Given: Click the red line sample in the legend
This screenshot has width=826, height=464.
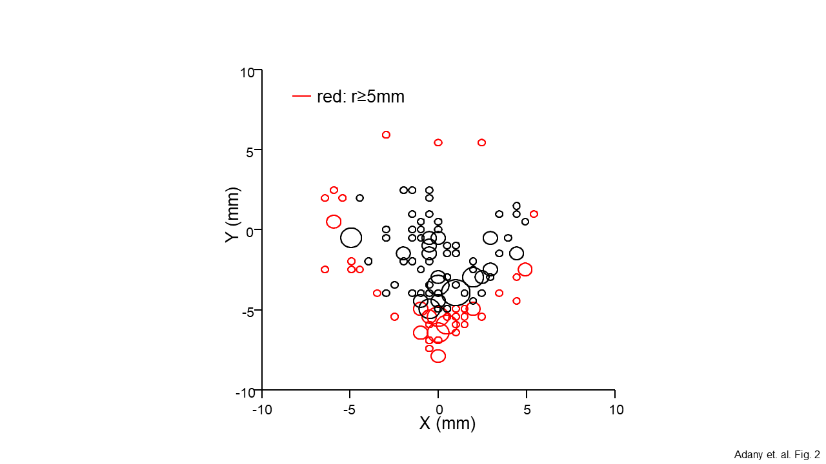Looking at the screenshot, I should tap(302, 97).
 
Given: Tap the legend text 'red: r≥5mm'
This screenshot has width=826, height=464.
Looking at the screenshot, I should tap(361, 97).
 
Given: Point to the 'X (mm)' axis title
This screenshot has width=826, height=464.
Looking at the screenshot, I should tap(447, 423).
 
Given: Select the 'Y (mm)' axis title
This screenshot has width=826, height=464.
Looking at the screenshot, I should tap(232, 215).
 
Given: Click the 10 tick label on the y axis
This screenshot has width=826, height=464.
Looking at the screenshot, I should tap(247, 72).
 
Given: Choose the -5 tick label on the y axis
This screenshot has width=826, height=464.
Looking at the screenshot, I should tap(247, 311).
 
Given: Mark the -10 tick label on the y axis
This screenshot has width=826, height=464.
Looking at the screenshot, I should tap(245, 393).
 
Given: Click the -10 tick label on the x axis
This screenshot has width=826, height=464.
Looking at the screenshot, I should tap(262, 410).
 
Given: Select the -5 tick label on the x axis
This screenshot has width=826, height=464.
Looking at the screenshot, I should tap(350, 410).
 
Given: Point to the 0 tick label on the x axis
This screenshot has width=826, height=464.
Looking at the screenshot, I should tap(439, 410).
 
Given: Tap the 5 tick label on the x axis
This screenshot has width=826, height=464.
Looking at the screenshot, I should tap(527, 410).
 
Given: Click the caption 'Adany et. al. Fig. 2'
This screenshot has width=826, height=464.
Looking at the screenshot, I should tap(776, 455).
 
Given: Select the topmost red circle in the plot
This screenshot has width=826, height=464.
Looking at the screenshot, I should tap(386, 135).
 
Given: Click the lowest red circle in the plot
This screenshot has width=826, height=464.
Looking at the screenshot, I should tap(438, 356).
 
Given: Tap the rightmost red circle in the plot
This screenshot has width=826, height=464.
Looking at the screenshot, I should tap(534, 214).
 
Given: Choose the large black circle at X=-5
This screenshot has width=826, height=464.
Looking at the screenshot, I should tap(351, 237).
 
